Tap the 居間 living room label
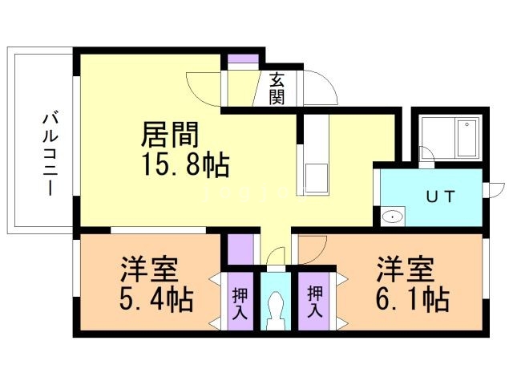pyautogui.click(x=170, y=135)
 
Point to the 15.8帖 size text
pyautogui.click(x=185, y=166)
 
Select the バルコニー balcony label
pyautogui.click(x=50, y=154)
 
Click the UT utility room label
pyautogui.click(x=440, y=197)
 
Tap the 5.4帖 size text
pyautogui.click(x=156, y=299)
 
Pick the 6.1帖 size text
pyautogui.click(x=413, y=298)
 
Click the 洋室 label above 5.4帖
pyautogui.click(x=149, y=269)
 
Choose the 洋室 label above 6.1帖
pyautogui.click(x=406, y=269)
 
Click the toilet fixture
pyautogui.click(x=275, y=310)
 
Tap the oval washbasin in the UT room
pyautogui.click(x=392, y=217)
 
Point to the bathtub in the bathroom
pyautogui.click(x=467, y=138)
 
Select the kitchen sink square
pyautogui.click(x=317, y=178)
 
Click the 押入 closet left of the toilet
pyautogui.click(x=240, y=302)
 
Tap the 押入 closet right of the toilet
pyautogui.click(x=313, y=302)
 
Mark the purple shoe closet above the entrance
pyautogui.click(x=243, y=59)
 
